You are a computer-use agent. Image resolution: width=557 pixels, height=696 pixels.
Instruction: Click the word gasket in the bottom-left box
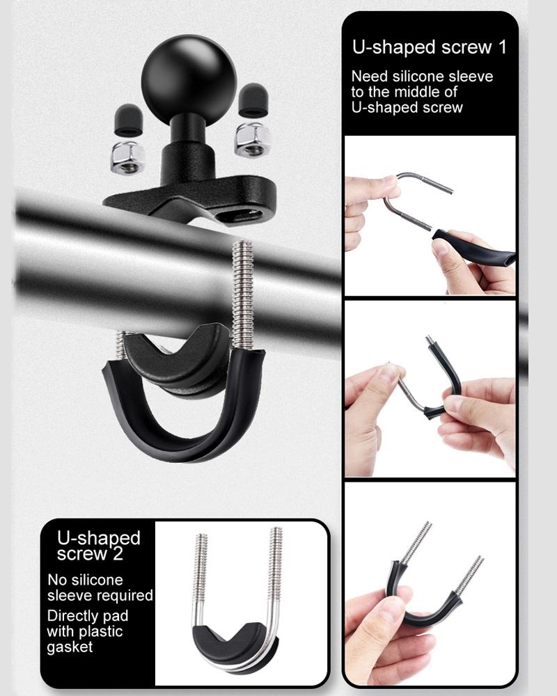click(x=70, y=647)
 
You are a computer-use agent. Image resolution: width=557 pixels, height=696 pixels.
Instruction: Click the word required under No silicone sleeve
click(x=125, y=596)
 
